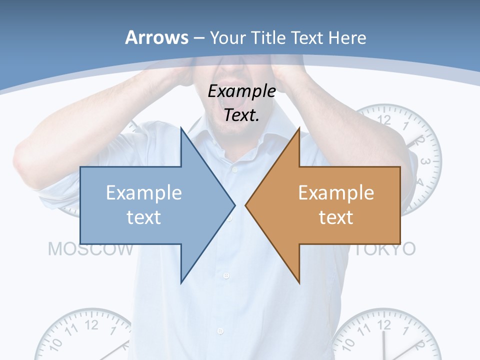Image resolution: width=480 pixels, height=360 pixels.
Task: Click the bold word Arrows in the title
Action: [x=156, y=37]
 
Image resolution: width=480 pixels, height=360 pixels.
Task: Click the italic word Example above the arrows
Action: [x=241, y=91]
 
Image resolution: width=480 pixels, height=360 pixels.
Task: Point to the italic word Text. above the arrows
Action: [x=241, y=115]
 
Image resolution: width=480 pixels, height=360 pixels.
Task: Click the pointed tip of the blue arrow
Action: [x=234, y=204]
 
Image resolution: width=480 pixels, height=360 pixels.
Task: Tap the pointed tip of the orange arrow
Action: [x=246, y=204]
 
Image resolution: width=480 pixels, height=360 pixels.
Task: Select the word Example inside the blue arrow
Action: [x=144, y=192]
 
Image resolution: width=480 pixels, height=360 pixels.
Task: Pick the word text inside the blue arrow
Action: [x=144, y=217]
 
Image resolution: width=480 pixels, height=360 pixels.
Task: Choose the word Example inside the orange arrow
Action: [x=336, y=192]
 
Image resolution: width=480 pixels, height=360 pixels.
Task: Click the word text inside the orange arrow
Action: [x=336, y=217]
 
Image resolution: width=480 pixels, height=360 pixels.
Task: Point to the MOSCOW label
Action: [x=90, y=249]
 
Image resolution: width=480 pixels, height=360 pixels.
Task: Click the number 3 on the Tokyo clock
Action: [x=425, y=161]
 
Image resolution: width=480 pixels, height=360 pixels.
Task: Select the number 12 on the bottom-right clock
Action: [x=383, y=325]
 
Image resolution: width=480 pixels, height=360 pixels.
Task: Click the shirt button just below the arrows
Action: [x=226, y=275]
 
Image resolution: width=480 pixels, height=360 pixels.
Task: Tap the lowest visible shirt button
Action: [x=220, y=331]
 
